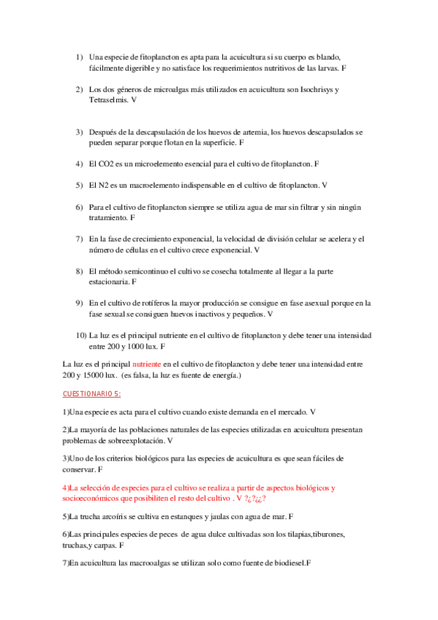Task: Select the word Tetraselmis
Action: [107, 99]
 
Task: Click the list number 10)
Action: [81, 335]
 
